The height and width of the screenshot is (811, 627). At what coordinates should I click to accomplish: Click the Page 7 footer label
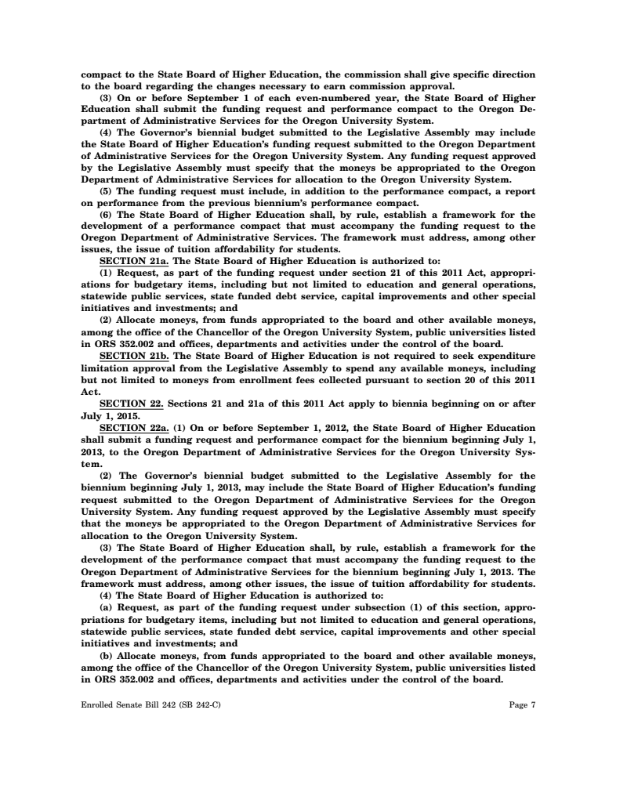pos(522,705)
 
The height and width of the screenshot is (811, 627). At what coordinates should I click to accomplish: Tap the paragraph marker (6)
pos(107,213)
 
